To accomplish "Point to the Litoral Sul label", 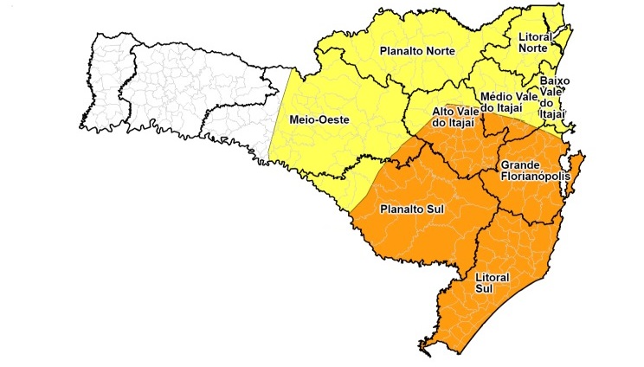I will pyautogui.click(x=493, y=282).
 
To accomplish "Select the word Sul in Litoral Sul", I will pyautogui.click(x=485, y=288).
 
